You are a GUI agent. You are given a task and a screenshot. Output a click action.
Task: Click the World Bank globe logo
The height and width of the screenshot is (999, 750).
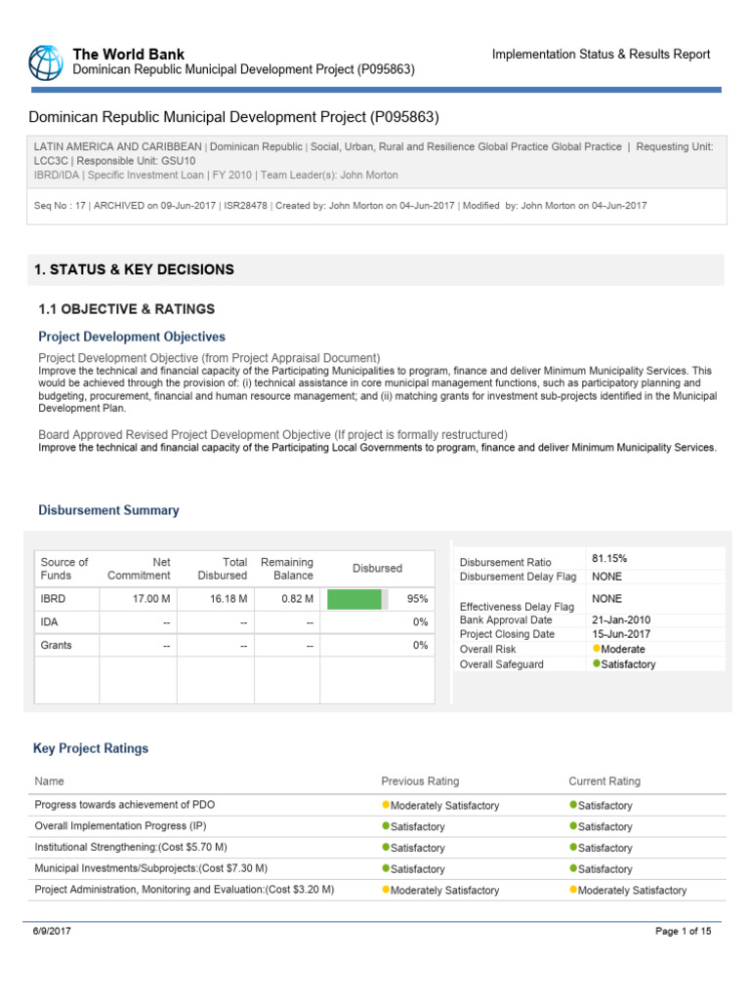pos(45,61)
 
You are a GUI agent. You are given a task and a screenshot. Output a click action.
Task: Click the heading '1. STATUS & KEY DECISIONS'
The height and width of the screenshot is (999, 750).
pos(134,269)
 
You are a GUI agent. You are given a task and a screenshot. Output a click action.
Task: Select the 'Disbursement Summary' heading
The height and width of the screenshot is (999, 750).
pos(108,510)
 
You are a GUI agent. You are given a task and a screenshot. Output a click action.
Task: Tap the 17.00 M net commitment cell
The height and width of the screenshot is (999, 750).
pos(152,598)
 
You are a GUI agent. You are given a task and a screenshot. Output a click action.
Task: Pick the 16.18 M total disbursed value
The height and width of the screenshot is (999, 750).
pos(229,598)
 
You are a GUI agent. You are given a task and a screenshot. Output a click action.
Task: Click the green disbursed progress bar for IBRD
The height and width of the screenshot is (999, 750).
pos(354,598)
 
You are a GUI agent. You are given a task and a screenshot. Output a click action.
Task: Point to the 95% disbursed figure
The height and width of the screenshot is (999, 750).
pos(418,598)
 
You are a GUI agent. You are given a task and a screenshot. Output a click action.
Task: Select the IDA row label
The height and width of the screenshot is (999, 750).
pos(50,621)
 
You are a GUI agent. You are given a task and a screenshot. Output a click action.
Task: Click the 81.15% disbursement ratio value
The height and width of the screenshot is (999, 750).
pos(609,558)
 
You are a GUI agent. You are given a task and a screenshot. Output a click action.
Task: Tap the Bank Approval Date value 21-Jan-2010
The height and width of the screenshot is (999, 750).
pos(621,619)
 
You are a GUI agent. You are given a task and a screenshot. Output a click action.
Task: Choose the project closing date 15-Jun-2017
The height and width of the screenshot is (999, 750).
pos(621,634)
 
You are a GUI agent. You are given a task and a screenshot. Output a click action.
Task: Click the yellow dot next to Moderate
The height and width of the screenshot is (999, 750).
pos(597,649)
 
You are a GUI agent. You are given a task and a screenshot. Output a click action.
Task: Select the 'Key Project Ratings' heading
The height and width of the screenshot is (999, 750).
pos(91,748)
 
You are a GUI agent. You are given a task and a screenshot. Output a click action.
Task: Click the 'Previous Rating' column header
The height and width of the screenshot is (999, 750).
pos(420,781)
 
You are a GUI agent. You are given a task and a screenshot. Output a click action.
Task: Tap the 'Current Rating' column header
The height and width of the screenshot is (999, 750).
pos(604,781)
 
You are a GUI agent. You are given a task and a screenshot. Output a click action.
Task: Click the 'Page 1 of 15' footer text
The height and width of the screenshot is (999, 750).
pos(683,932)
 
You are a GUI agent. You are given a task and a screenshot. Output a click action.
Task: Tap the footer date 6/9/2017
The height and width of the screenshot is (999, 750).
pos(53,932)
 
